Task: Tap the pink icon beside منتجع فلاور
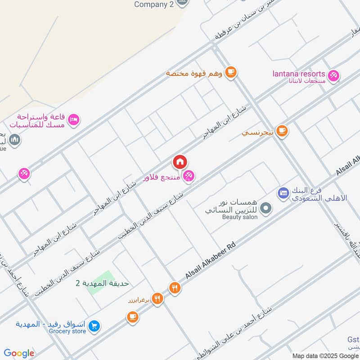(x=189, y=176)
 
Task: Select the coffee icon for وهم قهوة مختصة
(x=231, y=72)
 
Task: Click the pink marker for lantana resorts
(x=333, y=75)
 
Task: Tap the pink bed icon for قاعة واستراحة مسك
(x=75, y=119)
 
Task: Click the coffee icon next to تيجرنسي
(x=282, y=131)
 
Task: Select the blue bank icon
(x=283, y=193)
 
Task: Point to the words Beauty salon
(x=240, y=217)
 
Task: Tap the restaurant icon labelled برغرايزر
(x=157, y=298)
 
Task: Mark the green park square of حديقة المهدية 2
(x=100, y=283)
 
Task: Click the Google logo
(x=19, y=353)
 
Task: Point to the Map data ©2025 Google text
(x=325, y=355)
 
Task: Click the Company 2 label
(x=154, y=4)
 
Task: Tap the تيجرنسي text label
(x=257, y=133)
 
